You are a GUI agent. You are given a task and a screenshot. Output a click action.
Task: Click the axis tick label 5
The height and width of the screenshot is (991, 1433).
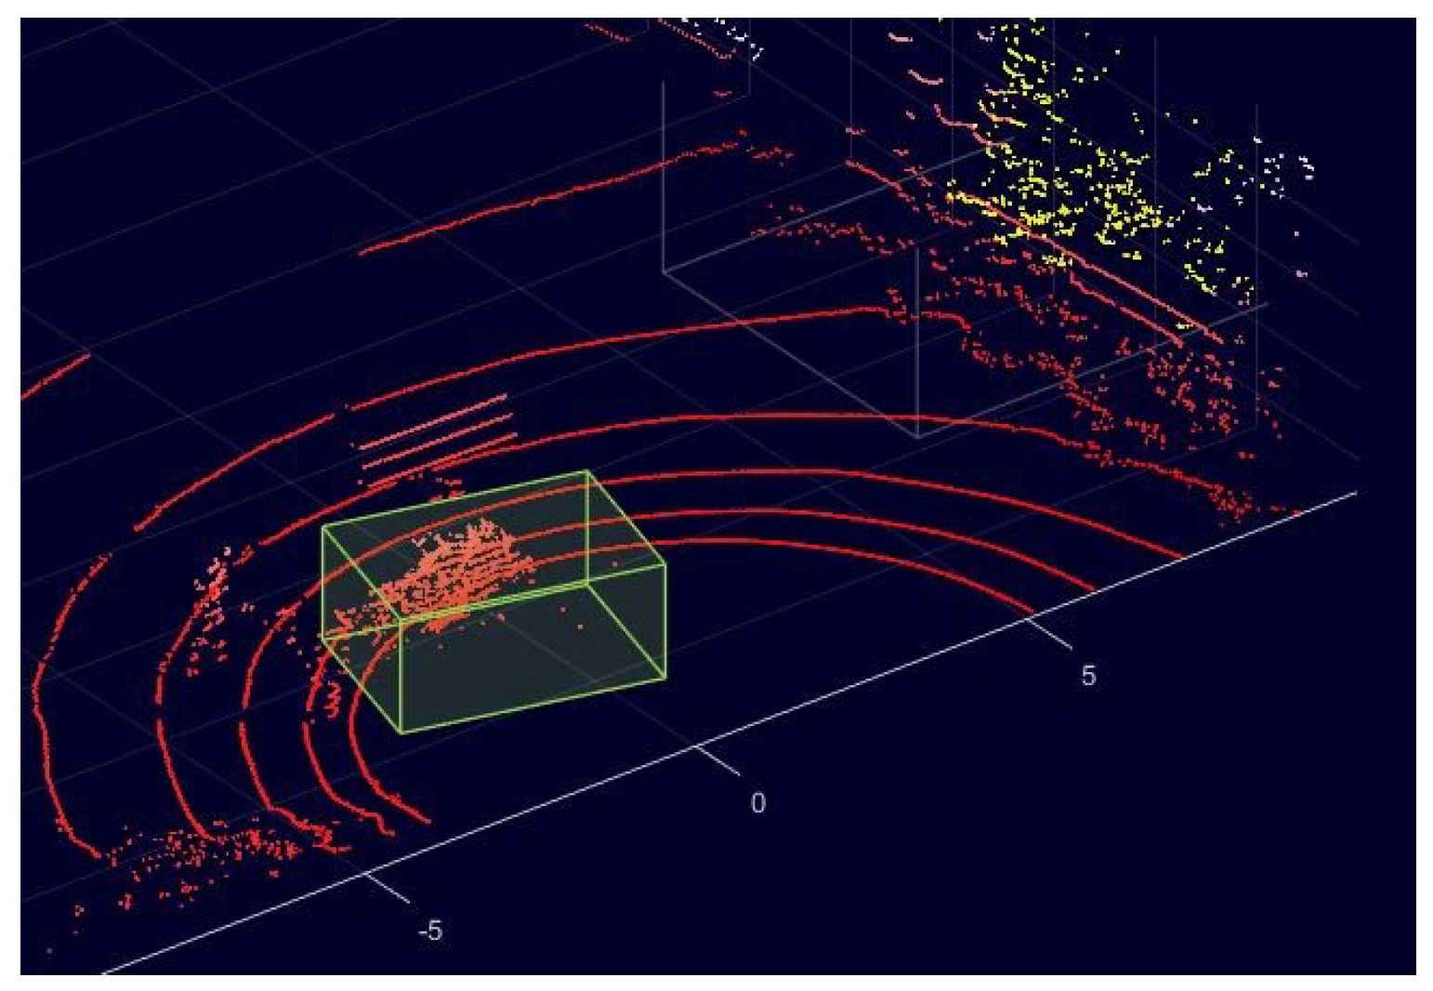(x=1088, y=675)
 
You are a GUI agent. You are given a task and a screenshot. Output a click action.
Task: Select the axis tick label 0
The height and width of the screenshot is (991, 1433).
(x=758, y=802)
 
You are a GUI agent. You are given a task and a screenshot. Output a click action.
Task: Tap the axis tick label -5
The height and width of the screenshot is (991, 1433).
(x=429, y=930)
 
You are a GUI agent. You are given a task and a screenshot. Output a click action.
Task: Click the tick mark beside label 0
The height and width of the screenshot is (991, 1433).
(x=717, y=760)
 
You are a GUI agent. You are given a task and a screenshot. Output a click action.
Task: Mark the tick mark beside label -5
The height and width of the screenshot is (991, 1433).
(x=387, y=888)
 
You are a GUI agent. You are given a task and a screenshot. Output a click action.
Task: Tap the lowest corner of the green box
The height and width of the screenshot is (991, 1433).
(x=401, y=733)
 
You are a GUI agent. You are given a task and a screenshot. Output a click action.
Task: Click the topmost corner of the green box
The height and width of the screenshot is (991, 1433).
(x=587, y=471)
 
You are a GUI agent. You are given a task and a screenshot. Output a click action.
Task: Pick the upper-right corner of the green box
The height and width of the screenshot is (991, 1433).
(x=665, y=564)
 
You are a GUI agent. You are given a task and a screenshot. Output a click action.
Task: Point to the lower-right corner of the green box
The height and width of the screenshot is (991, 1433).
(x=665, y=679)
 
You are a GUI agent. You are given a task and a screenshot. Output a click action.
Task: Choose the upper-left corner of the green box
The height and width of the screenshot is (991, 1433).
(x=322, y=526)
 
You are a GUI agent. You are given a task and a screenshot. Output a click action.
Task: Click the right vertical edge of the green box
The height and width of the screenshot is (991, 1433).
(x=665, y=621)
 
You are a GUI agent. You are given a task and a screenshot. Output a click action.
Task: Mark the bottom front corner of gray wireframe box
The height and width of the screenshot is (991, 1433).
(x=918, y=437)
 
